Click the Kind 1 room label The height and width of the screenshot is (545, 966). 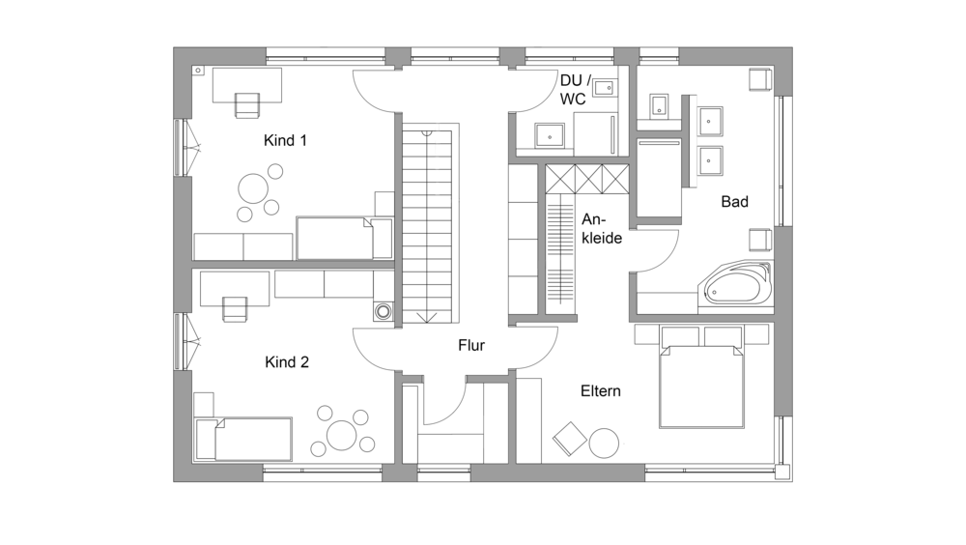coord(285,140)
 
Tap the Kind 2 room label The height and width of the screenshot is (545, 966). coord(287,362)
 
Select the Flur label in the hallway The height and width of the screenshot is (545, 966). coord(471,345)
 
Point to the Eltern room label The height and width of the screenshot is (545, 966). coord(601,390)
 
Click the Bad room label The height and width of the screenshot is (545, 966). coord(734,202)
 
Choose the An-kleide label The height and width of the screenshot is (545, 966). coord(602,229)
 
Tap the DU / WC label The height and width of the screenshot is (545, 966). coord(575,90)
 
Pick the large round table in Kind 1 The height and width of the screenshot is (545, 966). coord(253,188)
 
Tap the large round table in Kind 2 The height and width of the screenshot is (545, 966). coord(342,435)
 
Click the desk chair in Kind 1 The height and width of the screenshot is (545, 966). coord(247,104)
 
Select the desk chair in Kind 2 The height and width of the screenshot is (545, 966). coord(235,309)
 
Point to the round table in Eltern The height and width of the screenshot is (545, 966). coord(604,443)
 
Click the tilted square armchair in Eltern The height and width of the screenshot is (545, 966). coord(570,439)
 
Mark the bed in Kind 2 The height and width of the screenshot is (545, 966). coord(242,440)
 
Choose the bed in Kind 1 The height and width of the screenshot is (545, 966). coord(345,238)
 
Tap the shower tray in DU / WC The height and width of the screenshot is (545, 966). coord(550,135)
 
